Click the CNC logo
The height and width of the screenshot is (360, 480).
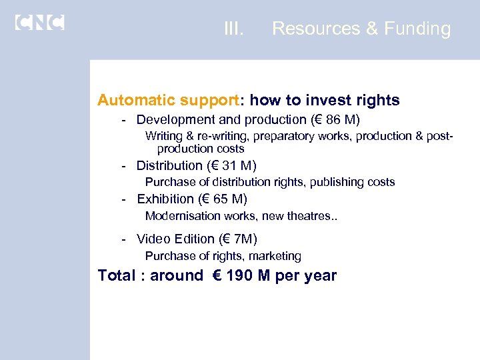click(x=39, y=22)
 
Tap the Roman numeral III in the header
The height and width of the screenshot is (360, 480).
click(x=234, y=29)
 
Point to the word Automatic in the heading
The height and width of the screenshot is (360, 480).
click(x=135, y=101)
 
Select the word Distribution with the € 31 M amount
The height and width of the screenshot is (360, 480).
click(x=169, y=165)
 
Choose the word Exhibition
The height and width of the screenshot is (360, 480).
click(x=165, y=199)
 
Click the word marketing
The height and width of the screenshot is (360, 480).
click(x=275, y=256)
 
